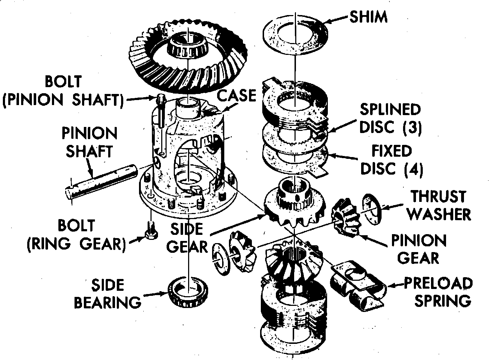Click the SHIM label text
(368, 17)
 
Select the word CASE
(237, 96)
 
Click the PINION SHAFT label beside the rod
(89, 142)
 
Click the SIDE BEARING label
(107, 294)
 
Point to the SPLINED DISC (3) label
(391, 118)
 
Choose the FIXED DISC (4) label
(391, 160)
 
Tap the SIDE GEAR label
(187, 238)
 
